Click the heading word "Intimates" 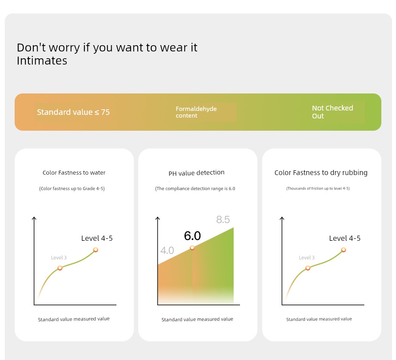pos(42,61)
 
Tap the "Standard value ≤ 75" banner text pos(73,112)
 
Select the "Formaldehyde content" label pos(196,112)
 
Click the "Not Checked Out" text pos(332,112)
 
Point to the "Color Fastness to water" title pos(74,173)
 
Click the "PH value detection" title pos(196,173)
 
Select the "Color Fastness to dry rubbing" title pos(321,173)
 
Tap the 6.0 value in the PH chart pos(192,236)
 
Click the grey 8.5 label pos(223,219)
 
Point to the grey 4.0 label pos(167,250)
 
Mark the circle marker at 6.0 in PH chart pos(192,248)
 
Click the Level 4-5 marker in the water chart pos(95,250)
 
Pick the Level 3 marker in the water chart pos(60,268)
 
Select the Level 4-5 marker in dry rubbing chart pos(343,250)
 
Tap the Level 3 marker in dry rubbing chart pos(308,268)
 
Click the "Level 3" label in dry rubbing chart pos(307,258)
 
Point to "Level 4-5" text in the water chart pos(97,238)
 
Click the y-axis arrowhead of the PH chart pos(158,218)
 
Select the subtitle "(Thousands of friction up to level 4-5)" pos(318,189)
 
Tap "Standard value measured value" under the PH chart pos(197,319)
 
